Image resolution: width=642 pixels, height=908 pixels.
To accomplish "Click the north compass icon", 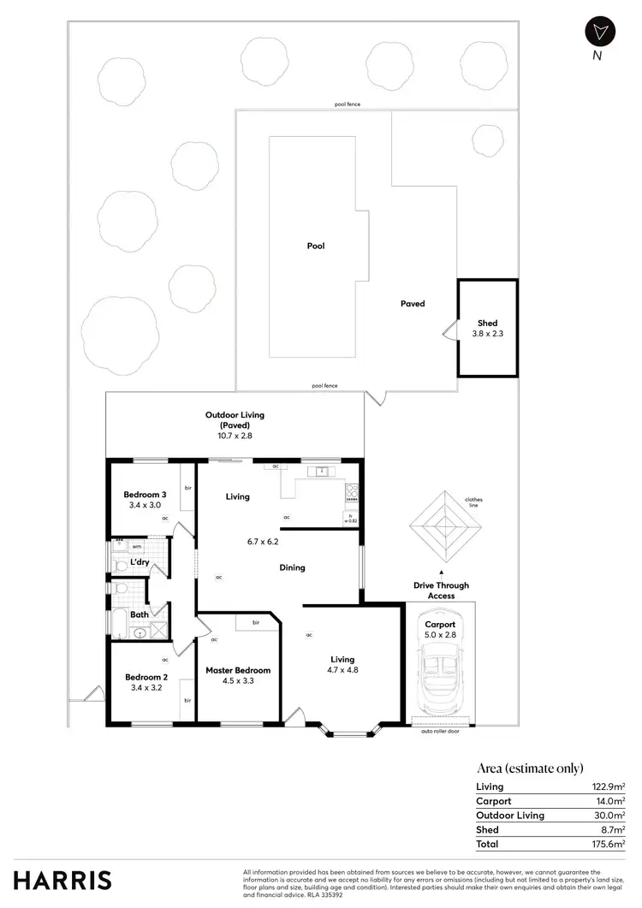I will tap(600, 32).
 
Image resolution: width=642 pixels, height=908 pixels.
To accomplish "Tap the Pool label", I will tap(316, 246).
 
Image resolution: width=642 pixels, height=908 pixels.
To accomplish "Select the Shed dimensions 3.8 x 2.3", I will tap(487, 334).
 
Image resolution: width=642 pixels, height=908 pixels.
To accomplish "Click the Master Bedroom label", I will tap(238, 670).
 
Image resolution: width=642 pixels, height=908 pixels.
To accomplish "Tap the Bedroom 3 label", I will tap(145, 495).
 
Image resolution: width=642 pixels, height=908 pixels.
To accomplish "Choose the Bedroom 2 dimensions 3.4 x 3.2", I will tap(145, 687).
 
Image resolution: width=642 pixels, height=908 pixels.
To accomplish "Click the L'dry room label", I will tap(140, 562).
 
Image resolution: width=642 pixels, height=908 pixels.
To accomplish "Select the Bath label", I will tap(140, 614).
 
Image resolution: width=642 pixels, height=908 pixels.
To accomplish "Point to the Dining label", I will tap(291, 567).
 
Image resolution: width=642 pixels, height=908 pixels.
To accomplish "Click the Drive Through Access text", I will tap(442, 590).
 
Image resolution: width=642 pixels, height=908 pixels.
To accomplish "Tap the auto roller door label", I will tap(441, 732).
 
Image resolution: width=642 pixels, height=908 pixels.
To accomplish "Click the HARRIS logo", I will tap(62, 879).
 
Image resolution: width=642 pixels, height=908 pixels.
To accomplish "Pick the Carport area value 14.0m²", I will tap(610, 801).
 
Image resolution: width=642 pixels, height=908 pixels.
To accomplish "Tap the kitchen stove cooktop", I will tap(351, 492).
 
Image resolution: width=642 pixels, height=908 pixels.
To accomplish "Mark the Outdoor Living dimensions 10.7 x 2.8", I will tap(235, 436).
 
